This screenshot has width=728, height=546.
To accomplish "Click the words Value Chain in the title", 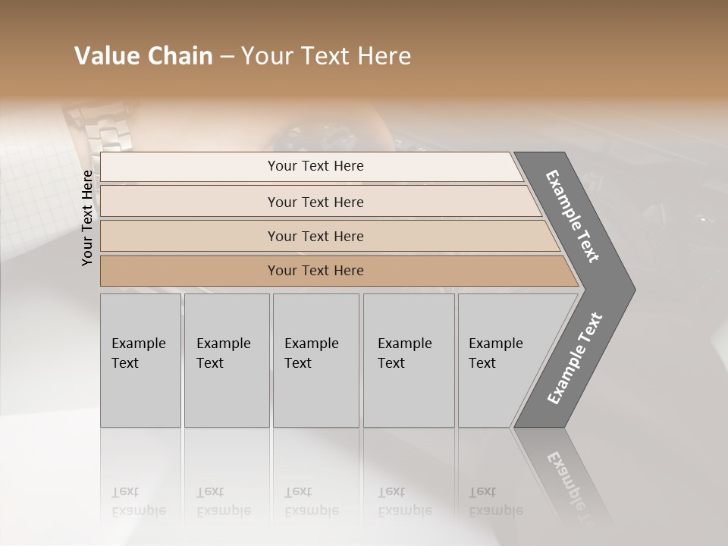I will click(x=143, y=56).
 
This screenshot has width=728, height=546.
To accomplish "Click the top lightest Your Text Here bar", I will click(x=315, y=166).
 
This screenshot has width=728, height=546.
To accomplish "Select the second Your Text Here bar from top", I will click(x=315, y=202).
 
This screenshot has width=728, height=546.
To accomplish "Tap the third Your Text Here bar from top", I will click(x=315, y=236).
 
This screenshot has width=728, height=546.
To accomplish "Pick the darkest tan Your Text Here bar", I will click(x=315, y=271).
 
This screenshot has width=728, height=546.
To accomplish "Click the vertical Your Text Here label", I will click(x=87, y=218).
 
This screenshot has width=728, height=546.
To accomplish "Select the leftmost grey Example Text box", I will click(x=140, y=360).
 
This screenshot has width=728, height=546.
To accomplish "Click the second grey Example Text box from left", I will click(x=226, y=360).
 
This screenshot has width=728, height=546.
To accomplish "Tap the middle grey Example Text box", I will click(x=315, y=360).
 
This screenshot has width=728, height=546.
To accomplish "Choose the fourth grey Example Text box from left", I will click(x=408, y=360).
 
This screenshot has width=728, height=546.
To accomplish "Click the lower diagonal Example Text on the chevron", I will click(x=575, y=358).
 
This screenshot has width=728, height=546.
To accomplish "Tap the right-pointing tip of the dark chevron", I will click(x=630, y=289).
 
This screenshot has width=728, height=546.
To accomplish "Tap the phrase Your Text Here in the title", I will click(x=326, y=56).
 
